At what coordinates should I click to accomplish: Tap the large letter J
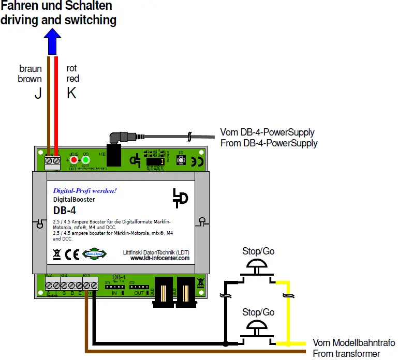point(38,93)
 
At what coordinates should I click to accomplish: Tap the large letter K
point(71,93)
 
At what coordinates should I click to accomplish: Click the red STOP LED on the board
point(74,160)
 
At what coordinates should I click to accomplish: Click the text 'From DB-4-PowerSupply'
point(269,143)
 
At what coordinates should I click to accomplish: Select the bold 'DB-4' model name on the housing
point(64,210)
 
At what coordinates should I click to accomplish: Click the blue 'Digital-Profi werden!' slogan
point(85,190)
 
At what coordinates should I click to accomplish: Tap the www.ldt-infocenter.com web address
point(159,258)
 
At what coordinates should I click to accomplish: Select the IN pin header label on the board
point(115,292)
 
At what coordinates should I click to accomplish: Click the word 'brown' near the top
point(30,79)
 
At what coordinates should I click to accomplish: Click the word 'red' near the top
point(73,79)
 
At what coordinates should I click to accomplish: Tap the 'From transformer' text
point(346,353)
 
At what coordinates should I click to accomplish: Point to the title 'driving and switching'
point(58,20)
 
